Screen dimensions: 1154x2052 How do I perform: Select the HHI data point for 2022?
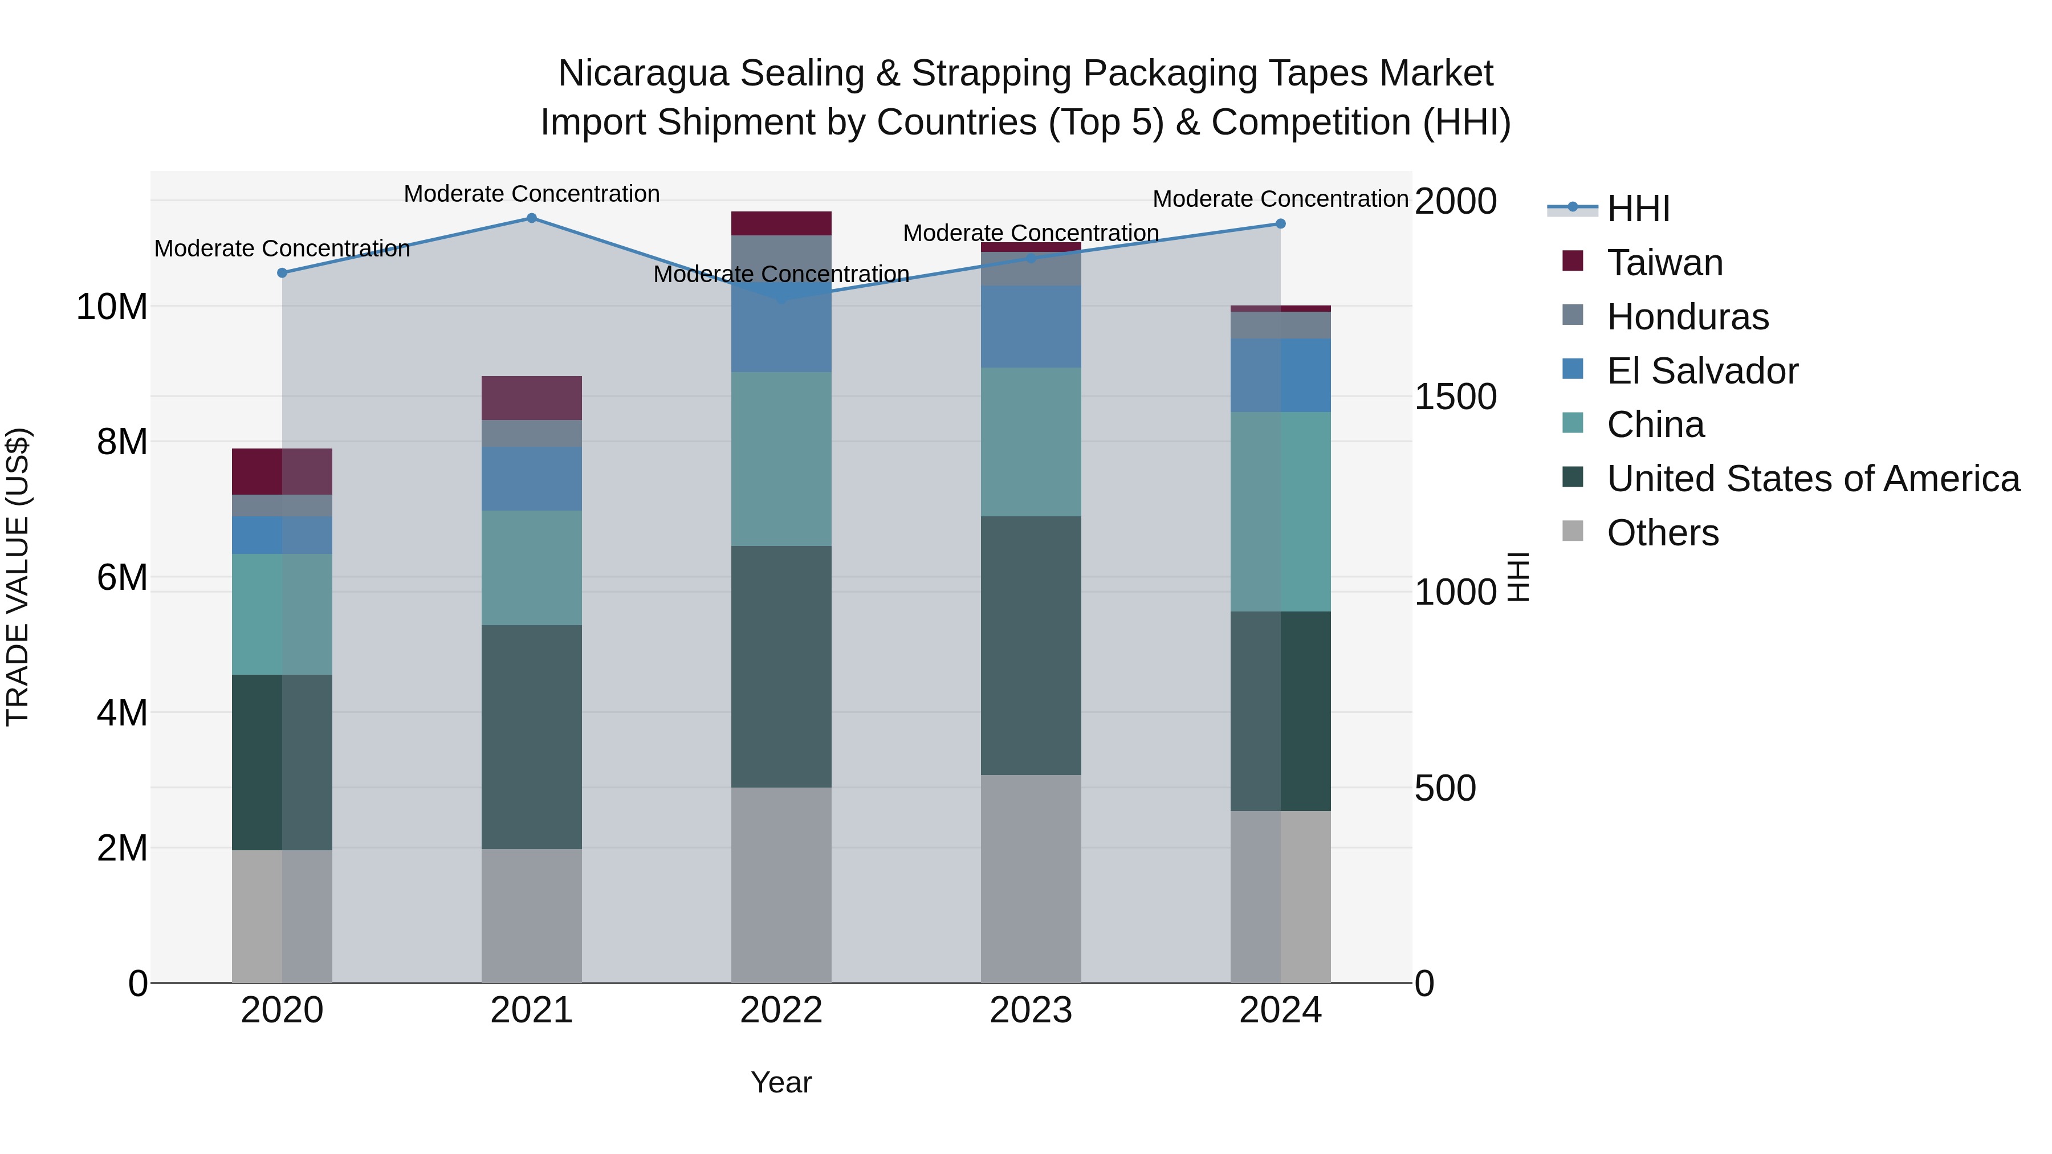tap(781, 299)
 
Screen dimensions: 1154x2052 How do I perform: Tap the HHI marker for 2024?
tap(1280, 224)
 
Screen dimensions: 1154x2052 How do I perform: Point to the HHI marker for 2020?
tap(282, 273)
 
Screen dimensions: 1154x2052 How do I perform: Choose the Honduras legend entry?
tap(1687, 317)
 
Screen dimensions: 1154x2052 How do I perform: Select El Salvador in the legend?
tap(1701, 371)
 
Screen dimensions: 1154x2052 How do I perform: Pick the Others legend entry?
tap(1663, 533)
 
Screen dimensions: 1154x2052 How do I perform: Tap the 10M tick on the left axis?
tap(112, 307)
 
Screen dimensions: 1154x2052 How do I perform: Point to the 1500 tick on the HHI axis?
tap(1455, 397)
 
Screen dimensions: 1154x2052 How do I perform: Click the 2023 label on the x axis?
tap(1031, 1010)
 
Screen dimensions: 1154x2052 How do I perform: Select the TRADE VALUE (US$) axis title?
tap(18, 577)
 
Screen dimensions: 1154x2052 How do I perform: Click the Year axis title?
tap(781, 1082)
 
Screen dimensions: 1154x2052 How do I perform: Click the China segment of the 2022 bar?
tap(781, 459)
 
